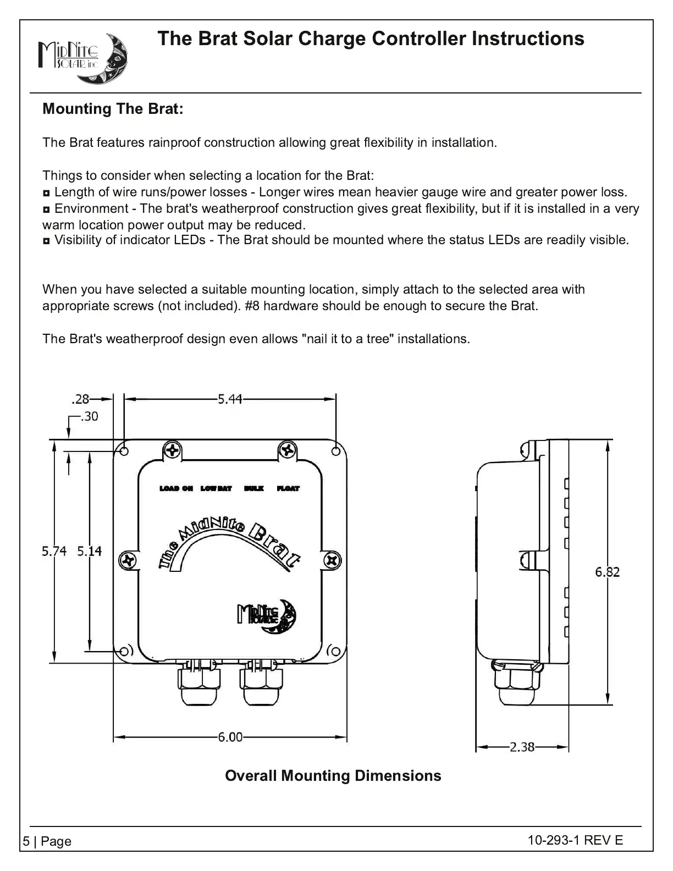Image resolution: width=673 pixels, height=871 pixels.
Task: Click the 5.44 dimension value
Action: pos(230,400)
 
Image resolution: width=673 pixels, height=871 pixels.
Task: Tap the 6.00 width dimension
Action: pos(230,737)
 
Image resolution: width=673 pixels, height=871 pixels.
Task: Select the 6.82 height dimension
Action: pos(607,572)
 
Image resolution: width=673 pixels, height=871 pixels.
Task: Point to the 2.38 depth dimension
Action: pos(522,747)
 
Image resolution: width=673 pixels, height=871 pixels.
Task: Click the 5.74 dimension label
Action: pos(54,551)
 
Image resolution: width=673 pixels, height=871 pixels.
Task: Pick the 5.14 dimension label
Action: pos(89,551)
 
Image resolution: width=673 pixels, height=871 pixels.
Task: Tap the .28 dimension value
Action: pos(80,400)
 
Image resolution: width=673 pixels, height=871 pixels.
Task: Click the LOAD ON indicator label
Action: pos(176,488)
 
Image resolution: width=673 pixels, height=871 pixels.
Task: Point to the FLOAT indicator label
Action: pos(288,488)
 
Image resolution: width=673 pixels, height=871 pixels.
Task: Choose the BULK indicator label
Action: pos(254,488)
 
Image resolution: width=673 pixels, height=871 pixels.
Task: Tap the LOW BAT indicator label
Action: pos(216,488)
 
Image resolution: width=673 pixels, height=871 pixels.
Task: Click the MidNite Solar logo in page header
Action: pos(82,59)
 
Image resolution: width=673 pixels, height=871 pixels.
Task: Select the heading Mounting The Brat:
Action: pos(113,109)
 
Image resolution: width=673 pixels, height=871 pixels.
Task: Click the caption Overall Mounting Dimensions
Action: pos(333,776)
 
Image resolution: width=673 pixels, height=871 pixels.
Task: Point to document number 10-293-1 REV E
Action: pos(575,840)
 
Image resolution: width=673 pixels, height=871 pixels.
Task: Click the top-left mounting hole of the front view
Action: pos(124,451)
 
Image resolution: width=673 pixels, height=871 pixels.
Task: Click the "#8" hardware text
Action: pos(252,306)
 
